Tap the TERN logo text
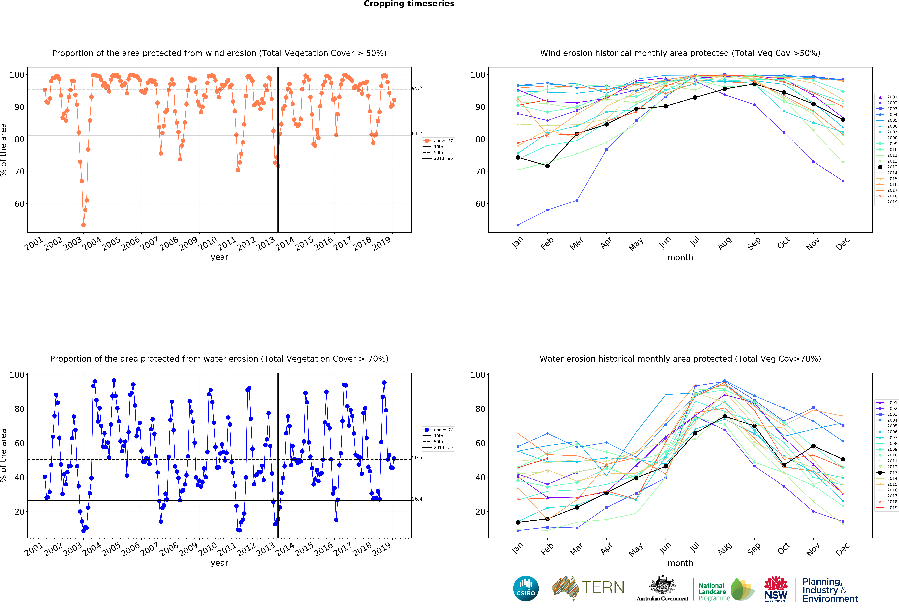click(603, 588)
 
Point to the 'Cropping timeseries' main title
click(409, 4)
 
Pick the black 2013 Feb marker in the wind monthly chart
click(547, 166)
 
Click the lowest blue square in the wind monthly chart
click(518, 225)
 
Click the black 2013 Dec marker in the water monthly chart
click(843, 459)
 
